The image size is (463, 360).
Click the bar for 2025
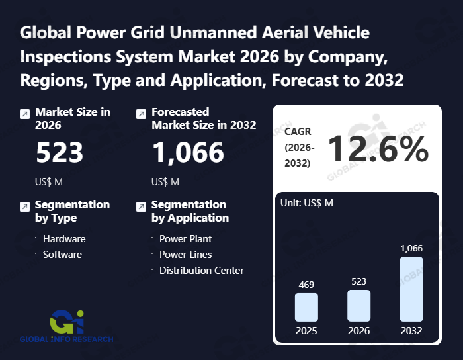tap(306, 307)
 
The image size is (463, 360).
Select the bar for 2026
tap(358, 305)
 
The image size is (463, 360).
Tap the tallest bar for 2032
tap(411, 289)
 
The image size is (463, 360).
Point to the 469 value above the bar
tap(306, 285)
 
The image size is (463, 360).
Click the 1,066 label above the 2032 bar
tap(411, 248)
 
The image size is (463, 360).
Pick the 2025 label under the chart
tap(306, 330)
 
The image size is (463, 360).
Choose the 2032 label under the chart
tap(411, 330)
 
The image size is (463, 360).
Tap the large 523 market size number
tap(60, 153)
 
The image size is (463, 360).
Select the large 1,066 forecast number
tap(188, 153)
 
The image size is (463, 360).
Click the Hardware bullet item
tap(64, 238)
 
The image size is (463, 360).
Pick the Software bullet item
tap(62, 254)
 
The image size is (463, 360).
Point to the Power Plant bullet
tap(186, 238)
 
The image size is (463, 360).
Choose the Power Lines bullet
tap(186, 254)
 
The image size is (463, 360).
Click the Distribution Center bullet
tap(202, 270)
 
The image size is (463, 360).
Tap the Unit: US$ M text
tap(308, 202)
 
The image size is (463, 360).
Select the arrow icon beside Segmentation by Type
tap(24, 206)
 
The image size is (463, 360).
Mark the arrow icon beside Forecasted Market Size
tap(140, 114)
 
